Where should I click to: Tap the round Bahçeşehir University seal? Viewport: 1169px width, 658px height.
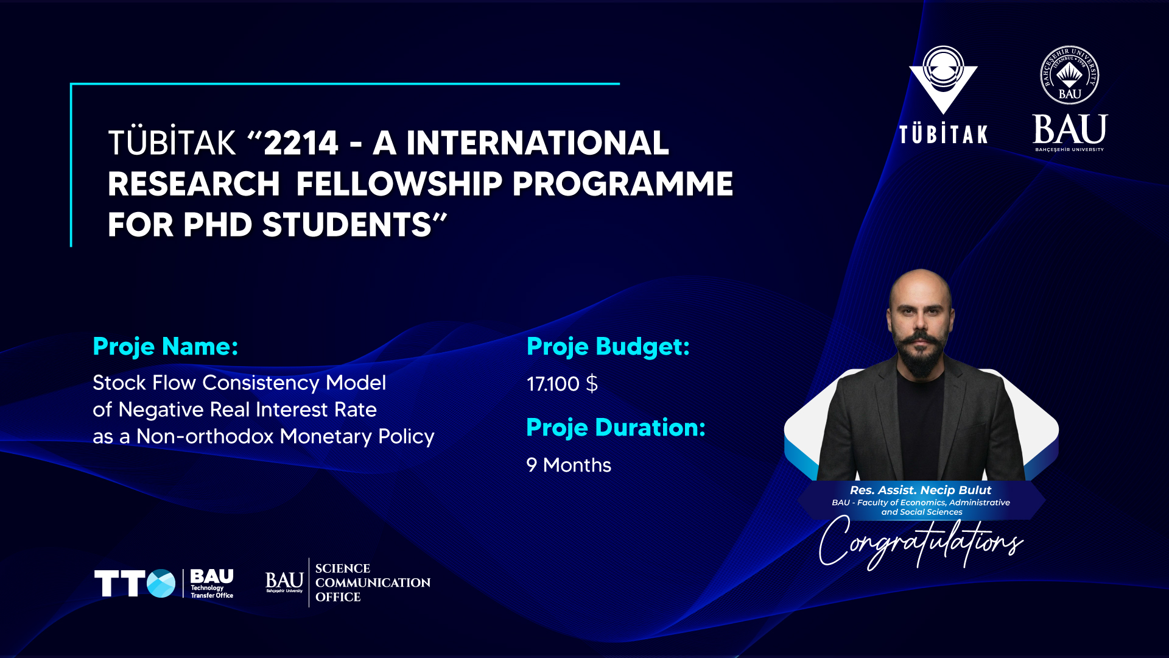point(1070,76)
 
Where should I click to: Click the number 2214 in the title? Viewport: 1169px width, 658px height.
point(301,143)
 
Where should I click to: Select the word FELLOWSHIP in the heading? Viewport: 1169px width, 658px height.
point(399,183)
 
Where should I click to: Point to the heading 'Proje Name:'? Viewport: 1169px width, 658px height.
point(165,347)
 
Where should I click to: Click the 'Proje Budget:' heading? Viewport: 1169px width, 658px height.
point(608,347)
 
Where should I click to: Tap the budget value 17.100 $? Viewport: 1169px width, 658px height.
point(562,384)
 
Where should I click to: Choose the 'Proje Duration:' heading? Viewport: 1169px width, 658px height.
point(616,428)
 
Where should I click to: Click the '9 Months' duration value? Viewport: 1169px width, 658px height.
point(569,465)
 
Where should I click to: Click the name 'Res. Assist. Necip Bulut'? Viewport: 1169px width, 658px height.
point(921,490)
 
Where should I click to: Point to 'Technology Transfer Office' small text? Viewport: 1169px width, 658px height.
point(212,592)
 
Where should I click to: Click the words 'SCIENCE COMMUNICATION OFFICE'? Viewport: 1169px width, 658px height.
point(373,582)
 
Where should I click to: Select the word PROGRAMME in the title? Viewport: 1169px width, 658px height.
point(623,183)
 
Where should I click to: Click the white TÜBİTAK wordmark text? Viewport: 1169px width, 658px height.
point(943,133)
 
